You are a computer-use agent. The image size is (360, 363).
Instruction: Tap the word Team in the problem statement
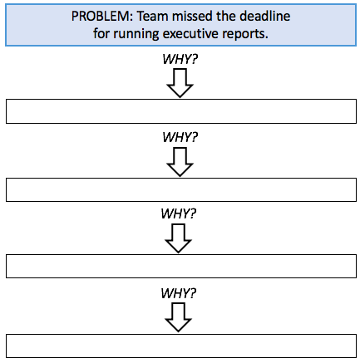153,16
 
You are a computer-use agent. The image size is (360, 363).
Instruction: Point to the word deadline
265,16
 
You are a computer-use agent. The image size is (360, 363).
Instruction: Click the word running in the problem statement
136,34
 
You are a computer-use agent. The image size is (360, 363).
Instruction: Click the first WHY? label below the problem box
180,59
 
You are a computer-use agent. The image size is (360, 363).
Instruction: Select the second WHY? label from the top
180,137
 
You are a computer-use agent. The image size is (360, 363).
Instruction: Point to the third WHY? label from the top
179,213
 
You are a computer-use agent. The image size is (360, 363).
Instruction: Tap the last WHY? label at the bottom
179,293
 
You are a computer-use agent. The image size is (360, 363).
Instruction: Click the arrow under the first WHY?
180,83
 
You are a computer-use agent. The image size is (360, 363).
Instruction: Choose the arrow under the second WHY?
180,162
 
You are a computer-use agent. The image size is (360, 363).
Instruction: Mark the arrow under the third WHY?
178,238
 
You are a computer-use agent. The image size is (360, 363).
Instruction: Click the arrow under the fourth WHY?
178,317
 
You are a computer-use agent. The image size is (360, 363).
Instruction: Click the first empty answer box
181,111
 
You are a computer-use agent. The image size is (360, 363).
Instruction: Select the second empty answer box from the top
181,190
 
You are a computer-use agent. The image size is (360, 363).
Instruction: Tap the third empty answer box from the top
181,266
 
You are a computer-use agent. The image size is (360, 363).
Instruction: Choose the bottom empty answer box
181,346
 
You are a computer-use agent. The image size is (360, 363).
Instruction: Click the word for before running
101,33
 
